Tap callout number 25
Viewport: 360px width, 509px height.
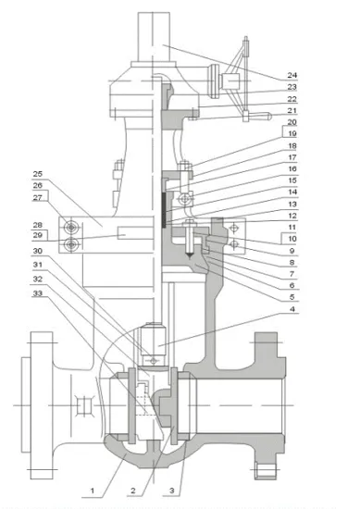pyautogui.click(x=38, y=173)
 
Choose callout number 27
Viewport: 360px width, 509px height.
pyautogui.click(x=38, y=197)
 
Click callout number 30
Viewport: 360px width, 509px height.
pyautogui.click(x=38, y=250)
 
